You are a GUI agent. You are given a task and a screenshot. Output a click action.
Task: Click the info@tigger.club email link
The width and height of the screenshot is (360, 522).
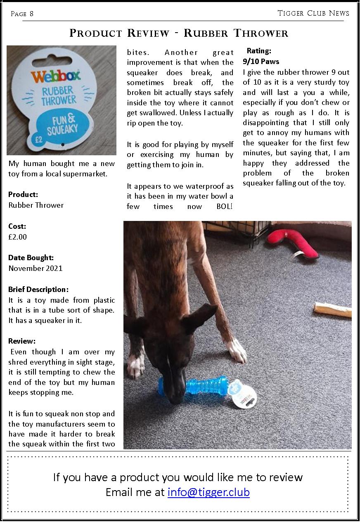208,492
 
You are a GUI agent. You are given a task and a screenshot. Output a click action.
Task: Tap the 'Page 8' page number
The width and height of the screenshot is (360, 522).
22,14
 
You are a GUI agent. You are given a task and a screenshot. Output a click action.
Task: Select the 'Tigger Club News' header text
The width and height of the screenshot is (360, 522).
313,13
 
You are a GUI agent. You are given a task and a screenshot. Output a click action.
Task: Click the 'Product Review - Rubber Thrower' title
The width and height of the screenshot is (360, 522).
179,33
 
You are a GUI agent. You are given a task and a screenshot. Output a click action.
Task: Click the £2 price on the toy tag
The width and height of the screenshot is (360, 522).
39,140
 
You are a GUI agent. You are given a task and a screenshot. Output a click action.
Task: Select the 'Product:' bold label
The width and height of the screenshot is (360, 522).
23,195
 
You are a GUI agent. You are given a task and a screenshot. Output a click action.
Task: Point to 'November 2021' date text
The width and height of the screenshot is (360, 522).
36,268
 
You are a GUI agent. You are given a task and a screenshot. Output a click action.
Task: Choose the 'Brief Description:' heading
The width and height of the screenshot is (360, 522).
38,289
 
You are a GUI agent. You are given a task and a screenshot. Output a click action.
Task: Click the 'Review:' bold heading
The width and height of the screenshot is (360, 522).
22,341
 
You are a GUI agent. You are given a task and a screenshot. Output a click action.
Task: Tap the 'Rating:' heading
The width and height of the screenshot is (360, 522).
259,51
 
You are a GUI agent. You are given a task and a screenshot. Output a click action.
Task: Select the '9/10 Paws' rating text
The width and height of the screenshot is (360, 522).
261,62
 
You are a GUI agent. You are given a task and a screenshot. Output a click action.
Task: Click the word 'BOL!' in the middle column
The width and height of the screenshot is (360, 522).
225,206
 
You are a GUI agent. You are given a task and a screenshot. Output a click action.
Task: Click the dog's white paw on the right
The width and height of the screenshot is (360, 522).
237,351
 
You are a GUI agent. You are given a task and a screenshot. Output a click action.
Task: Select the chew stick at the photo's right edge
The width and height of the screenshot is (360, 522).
332,309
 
